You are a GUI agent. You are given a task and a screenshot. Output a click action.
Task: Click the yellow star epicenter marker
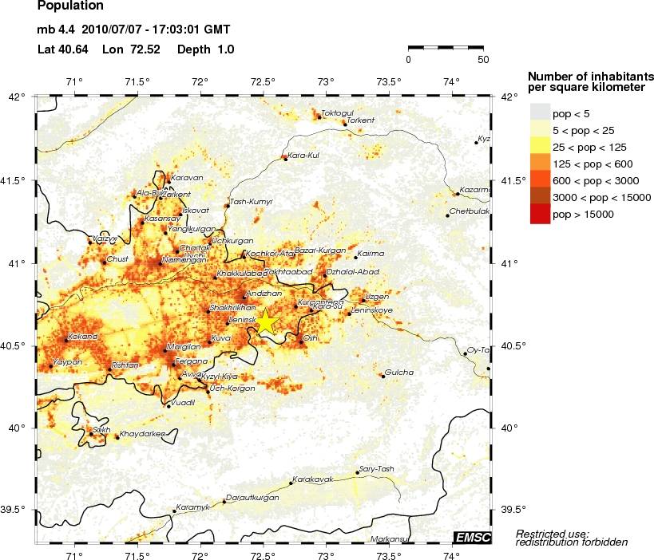pyautogui.click(x=265, y=321)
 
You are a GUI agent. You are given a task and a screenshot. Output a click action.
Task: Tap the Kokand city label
pyautogui.click(x=82, y=337)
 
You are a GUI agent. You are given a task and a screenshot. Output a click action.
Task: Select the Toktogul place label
pyautogui.click(x=337, y=112)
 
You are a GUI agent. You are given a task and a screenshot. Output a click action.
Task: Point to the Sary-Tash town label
pyautogui.click(x=377, y=468)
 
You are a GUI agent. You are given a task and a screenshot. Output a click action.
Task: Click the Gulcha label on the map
pyautogui.click(x=399, y=372)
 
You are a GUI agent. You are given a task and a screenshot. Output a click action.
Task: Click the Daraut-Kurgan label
pyautogui.click(x=253, y=497)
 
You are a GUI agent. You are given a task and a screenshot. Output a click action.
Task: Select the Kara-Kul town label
pyautogui.click(x=303, y=155)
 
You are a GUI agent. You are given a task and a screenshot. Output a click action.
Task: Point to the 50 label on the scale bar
pyautogui.click(x=483, y=59)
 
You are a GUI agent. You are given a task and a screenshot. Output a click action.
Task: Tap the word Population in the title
pyautogui.click(x=70, y=6)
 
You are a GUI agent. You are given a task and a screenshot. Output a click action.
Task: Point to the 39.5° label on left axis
pyautogui.click(x=16, y=510)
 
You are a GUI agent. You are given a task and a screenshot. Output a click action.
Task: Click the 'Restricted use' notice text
pyautogui.click(x=553, y=533)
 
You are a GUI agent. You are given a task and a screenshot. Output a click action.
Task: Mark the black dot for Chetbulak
pyautogui.click(x=447, y=215)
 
